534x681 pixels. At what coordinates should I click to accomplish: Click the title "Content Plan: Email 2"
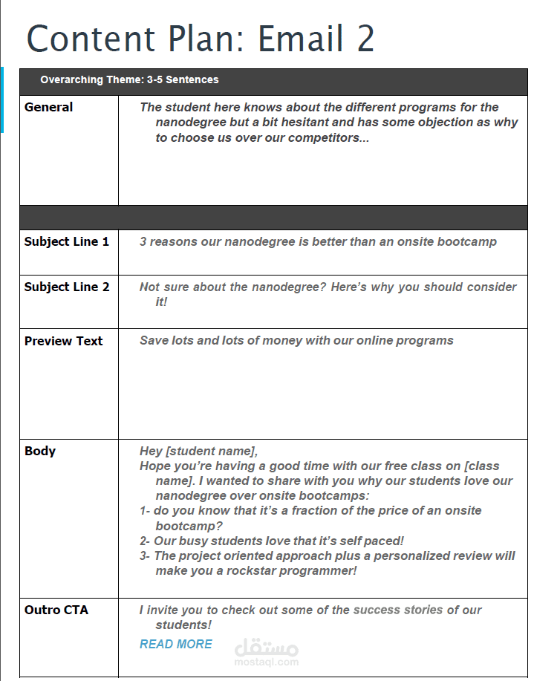click(201, 39)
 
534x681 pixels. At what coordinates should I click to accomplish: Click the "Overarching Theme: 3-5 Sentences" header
click(129, 80)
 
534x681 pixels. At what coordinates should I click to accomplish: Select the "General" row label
click(48, 108)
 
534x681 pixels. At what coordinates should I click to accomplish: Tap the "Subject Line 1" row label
click(67, 242)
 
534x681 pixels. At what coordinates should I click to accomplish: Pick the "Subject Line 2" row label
click(67, 287)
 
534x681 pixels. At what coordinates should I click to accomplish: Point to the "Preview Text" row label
click(63, 342)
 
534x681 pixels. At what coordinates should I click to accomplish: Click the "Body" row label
click(40, 452)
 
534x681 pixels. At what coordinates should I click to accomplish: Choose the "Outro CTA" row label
click(56, 610)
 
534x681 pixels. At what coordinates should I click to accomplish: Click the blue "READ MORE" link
click(176, 645)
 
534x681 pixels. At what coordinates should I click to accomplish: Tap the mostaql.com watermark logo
click(267, 652)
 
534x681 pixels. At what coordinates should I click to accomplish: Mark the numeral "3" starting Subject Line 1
click(143, 242)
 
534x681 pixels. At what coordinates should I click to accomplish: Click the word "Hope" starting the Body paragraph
click(154, 466)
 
